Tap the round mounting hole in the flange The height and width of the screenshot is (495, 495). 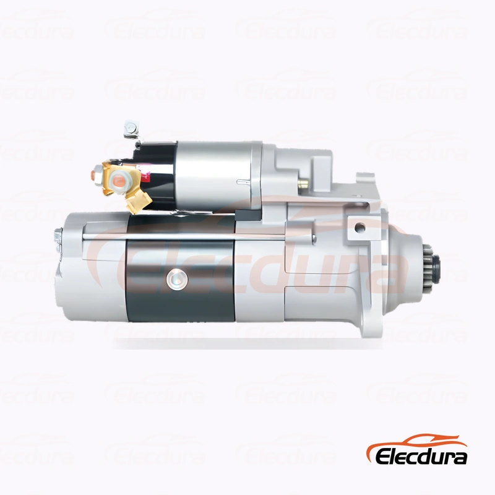coord(359,227)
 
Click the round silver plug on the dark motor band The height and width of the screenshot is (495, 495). coord(177,279)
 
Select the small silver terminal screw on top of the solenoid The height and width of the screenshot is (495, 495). coord(131,129)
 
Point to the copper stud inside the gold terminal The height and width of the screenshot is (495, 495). coord(120,180)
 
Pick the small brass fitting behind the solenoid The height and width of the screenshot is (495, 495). coord(304,183)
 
